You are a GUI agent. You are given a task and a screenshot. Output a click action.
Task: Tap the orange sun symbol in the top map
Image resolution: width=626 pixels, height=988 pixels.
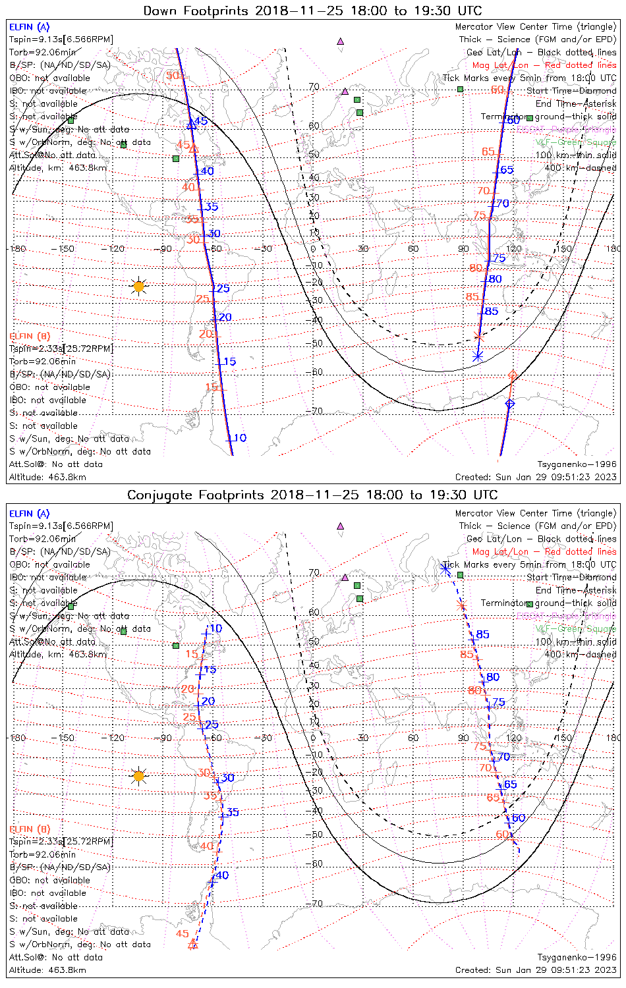[x=138, y=286]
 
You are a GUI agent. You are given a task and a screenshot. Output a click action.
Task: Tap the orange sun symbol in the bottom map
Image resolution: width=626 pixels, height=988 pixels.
[x=138, y=776]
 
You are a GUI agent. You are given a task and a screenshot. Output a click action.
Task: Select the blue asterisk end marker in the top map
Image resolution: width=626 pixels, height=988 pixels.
[x=478, y=356]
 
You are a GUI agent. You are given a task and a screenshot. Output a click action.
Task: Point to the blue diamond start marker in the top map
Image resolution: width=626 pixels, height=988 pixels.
[x=509, y=403]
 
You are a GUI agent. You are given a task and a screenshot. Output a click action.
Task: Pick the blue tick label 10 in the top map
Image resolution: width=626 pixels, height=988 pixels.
[x=240, y=438]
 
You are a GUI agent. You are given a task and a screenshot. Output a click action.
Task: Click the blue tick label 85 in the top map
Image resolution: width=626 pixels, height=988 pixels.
[x=491, y=311]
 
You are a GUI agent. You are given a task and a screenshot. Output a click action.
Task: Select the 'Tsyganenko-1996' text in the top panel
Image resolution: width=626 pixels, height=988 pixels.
[x=577, y=464]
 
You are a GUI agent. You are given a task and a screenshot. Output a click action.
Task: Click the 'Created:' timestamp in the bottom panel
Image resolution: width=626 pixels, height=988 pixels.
[x=536, y=970]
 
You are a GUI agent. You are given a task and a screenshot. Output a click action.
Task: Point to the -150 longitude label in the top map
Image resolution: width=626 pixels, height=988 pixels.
[x=66, y=249]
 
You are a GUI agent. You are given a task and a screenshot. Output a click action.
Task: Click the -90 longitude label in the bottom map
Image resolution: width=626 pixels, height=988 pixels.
[x=165, y=738]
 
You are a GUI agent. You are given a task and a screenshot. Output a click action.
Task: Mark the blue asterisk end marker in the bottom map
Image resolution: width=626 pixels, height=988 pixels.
[x=447, y=565]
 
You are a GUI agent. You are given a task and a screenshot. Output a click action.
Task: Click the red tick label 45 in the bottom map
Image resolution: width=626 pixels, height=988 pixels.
[x=183, y=933]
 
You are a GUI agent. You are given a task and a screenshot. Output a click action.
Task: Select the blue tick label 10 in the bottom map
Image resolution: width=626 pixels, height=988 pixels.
[x=215, y=628]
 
